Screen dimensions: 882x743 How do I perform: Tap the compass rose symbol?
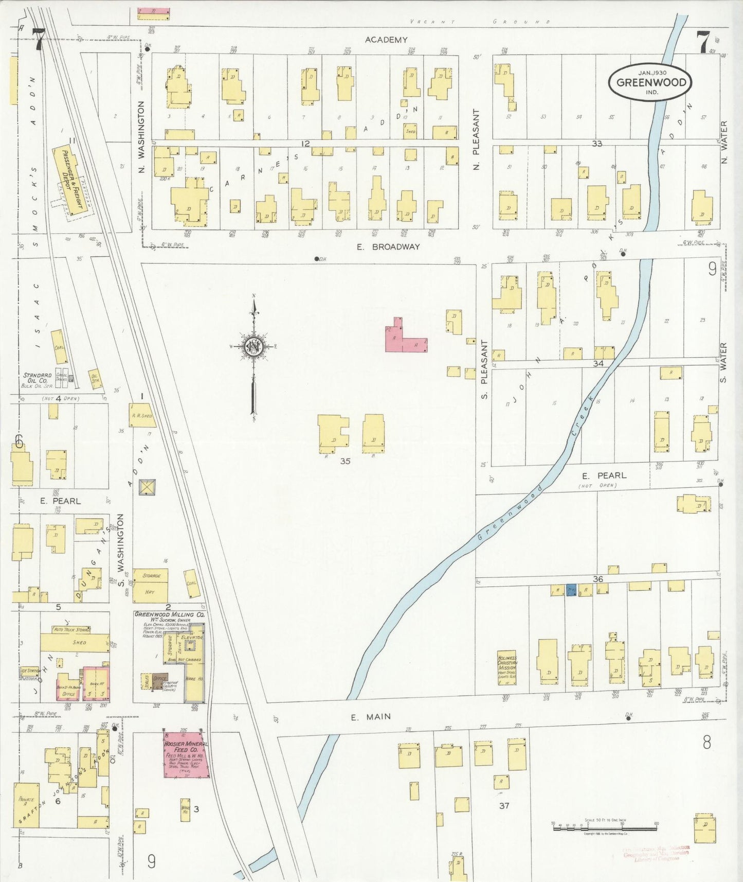pos(254,346)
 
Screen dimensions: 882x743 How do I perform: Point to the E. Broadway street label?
pos(389,247)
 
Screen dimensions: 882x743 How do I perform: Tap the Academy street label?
pos(386,40)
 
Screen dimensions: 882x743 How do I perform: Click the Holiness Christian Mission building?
pos(506,668)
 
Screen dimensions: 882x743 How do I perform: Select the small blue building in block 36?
pos(571,590)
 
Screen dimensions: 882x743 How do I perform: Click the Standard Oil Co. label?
pos(37,376)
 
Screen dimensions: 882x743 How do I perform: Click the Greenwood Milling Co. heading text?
pos(169,614)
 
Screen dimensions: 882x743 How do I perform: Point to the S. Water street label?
pos(723,363)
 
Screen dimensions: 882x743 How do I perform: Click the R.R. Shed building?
pos(141,415)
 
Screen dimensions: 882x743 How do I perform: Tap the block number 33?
pos(596,144)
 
